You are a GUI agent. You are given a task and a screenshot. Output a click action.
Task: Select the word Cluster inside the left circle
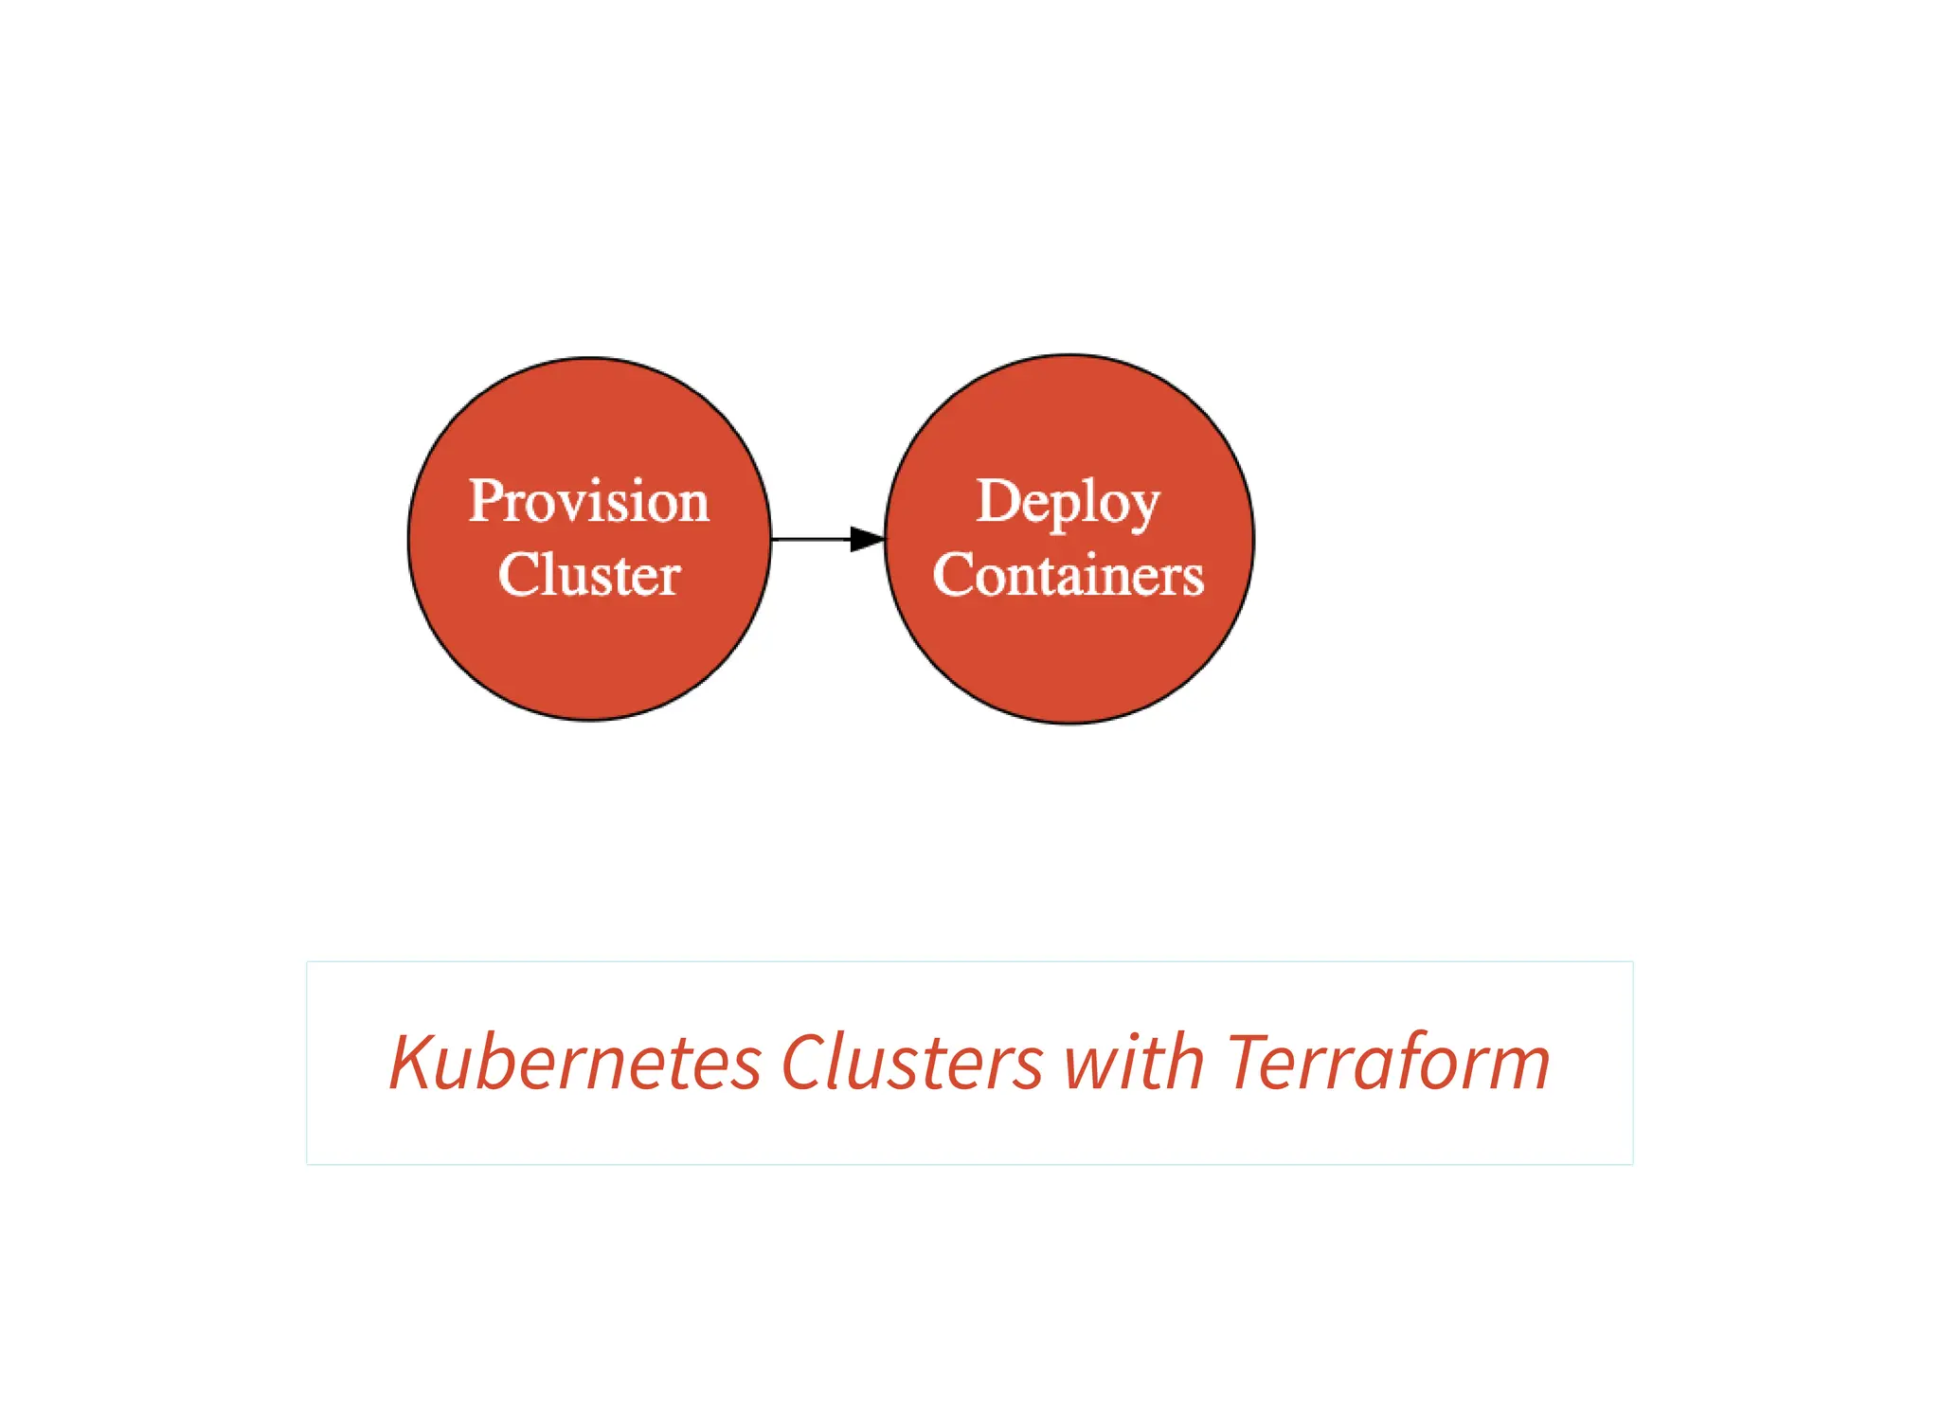click(588, 574)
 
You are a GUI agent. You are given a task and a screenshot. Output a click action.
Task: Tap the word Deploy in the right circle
click(1068, 502)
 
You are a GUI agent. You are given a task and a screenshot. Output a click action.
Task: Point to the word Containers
click(1068, 574)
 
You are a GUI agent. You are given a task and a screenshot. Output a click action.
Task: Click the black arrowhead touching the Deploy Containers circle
click(867, 539)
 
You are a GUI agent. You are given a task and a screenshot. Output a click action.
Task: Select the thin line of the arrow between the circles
click(810, 539)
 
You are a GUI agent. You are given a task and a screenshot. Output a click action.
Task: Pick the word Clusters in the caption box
click(911, 1063)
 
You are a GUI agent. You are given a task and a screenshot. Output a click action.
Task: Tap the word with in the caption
click(1134, 1063)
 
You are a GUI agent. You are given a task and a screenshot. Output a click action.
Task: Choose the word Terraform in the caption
click(1388, 1063)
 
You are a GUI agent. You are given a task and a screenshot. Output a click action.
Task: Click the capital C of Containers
click(951, 574)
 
